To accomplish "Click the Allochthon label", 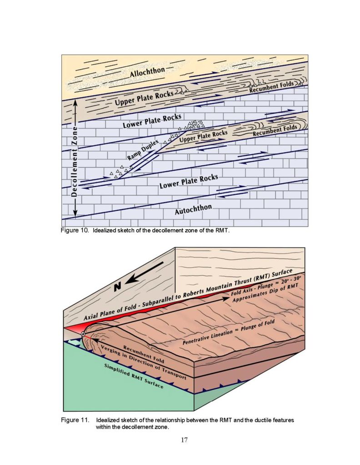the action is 147,72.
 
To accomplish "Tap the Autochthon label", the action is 193,209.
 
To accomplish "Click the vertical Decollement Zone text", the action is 75,161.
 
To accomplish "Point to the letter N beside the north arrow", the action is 118,287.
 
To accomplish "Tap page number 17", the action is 184,440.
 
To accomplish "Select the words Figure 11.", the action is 75,420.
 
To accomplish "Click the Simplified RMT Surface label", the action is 134,376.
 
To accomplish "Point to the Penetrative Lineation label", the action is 207,338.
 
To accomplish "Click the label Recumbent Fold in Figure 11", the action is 144,354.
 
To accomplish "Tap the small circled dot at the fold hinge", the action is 83,334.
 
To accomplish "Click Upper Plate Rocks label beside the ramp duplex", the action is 204,136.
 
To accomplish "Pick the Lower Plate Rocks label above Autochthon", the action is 189,182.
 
